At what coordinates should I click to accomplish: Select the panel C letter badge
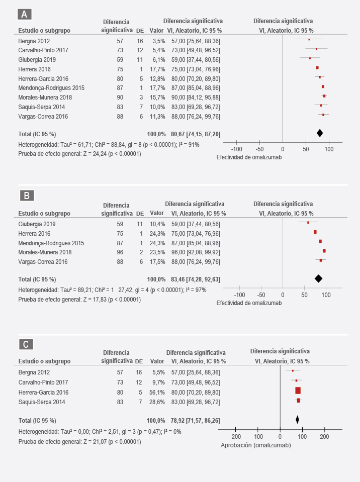tap(27, 344)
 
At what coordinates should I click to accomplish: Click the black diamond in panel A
tap(320, 133)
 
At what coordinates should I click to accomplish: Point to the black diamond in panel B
tap(318, 278)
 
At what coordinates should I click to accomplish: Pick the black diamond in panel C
tap(297, 419)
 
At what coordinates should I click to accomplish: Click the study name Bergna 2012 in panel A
tap(34, 41)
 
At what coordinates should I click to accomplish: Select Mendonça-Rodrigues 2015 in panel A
tap(50, 88)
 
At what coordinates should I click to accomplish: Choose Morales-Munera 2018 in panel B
tap(45, 252)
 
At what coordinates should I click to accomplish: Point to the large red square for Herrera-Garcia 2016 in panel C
tap(298, 391)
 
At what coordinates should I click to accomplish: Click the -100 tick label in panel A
tap(236, 149)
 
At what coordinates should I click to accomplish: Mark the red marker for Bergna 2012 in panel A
tap(309, 39)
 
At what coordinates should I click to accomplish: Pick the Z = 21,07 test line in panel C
tap(79, 442)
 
